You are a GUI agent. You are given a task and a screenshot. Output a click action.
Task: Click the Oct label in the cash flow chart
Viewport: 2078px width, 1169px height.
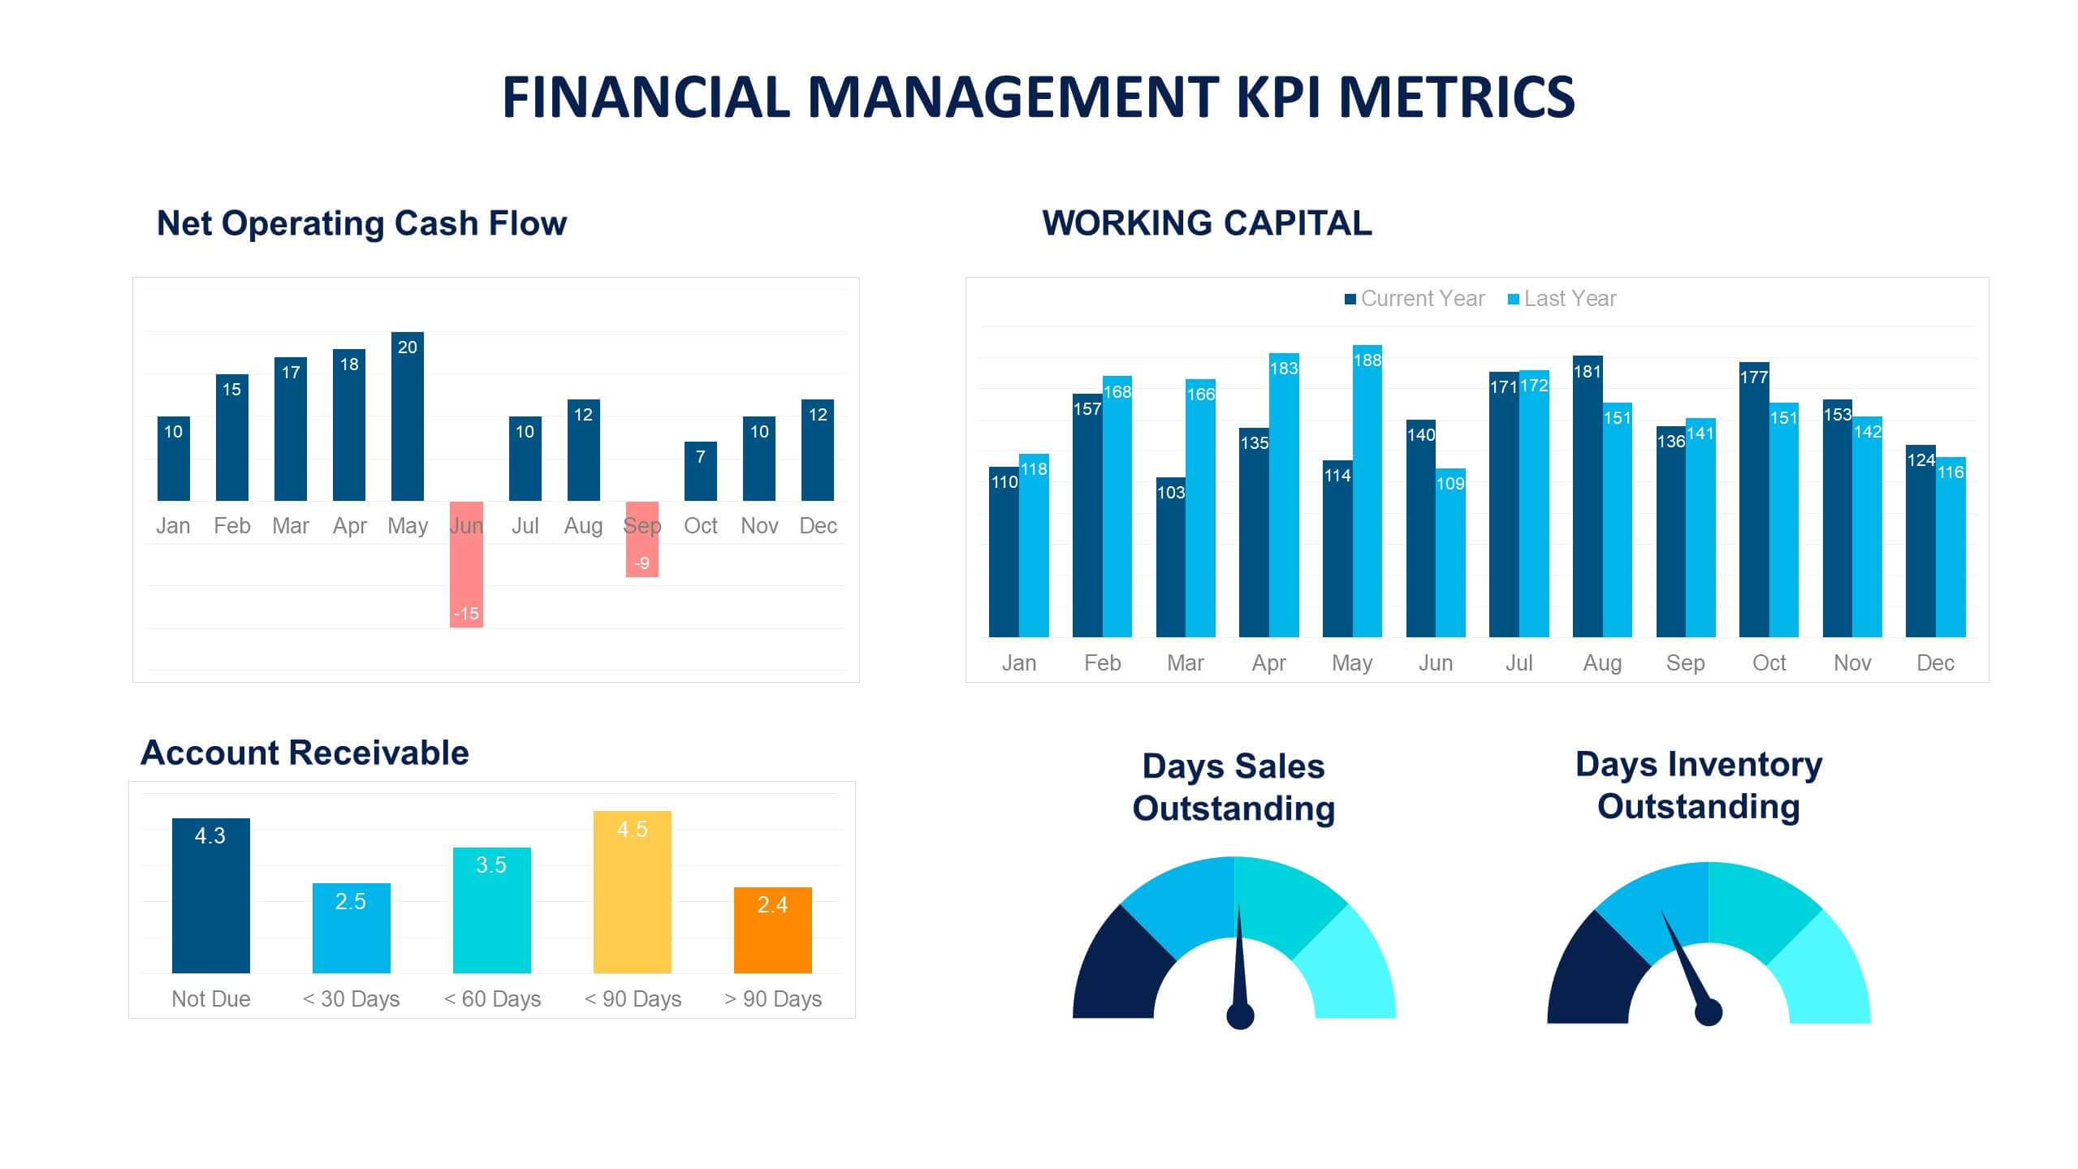coord(700,526)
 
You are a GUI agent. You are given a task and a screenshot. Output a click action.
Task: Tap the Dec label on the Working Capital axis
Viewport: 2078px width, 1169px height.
coord(1934,663)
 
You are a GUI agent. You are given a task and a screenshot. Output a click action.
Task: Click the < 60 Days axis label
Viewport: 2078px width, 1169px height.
coord(492,999)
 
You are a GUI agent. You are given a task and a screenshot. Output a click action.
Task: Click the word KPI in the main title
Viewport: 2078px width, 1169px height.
coord(1279,97)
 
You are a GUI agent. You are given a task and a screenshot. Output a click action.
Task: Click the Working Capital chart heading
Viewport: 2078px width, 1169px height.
coord(1207,223)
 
